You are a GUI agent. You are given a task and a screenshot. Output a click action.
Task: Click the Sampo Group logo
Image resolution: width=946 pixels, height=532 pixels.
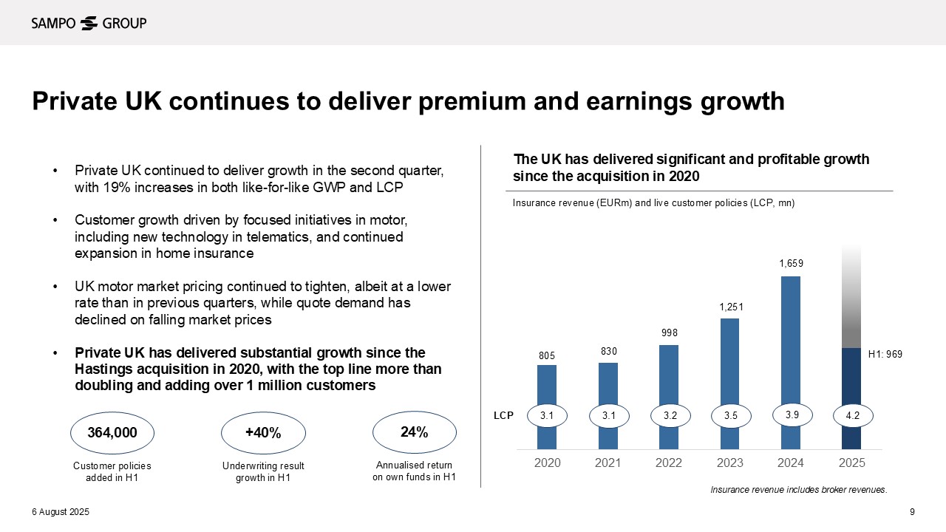[89, 23]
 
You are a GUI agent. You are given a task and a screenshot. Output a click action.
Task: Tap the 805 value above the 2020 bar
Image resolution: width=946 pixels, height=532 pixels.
[547, 356]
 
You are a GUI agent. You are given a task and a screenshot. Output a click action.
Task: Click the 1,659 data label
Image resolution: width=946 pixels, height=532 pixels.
[791, 263]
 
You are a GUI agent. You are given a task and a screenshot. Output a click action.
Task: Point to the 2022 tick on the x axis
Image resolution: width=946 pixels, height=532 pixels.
[669, 463]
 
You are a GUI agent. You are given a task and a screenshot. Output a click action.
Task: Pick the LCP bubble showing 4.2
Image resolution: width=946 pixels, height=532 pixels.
[851, 417]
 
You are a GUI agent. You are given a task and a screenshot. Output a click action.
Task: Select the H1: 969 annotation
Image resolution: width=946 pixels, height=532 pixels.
[885, 355]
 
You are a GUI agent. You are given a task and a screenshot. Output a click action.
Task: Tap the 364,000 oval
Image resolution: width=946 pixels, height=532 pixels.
[112, 433]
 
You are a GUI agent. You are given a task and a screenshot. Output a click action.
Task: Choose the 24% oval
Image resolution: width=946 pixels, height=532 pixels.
[414, 432]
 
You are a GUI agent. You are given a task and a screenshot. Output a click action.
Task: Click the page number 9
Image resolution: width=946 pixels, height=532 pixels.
[912, 513]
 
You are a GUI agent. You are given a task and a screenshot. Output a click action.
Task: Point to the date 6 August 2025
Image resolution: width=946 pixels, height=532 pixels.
[60, 513]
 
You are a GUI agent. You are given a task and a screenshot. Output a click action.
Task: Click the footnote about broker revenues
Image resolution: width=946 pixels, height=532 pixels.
[798, 489]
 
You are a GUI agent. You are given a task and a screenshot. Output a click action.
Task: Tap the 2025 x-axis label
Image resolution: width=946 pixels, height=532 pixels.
[851, 463]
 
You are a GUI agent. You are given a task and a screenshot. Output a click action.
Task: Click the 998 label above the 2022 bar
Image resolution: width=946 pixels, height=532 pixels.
[669, 333]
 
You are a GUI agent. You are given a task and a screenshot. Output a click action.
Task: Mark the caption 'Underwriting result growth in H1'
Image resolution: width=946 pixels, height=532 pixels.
[263, 471]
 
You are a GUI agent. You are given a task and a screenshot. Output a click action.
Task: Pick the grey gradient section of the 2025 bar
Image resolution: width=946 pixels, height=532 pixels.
[851, 296]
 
